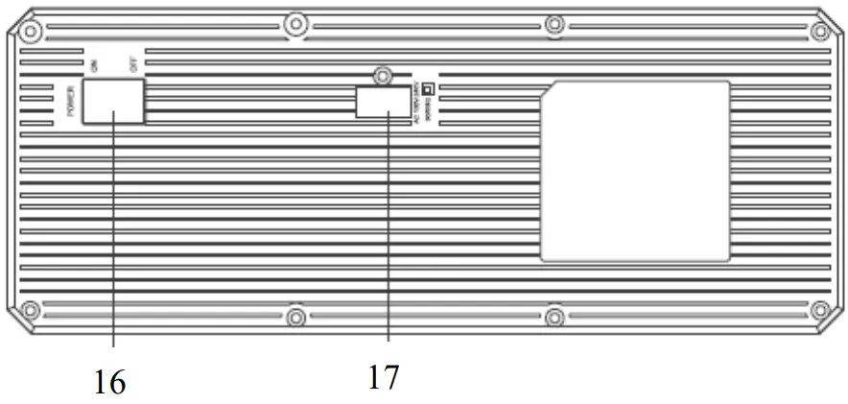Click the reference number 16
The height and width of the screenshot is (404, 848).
110,382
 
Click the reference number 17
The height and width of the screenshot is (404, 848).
383,375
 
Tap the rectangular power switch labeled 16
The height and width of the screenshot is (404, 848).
113,102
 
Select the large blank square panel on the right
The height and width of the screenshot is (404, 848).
634,171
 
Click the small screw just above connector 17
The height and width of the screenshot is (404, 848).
383,73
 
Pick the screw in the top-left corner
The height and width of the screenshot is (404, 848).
31,31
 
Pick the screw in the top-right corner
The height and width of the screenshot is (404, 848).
819,31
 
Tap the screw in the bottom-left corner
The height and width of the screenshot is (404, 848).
31,310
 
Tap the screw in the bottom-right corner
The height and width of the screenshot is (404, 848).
819,310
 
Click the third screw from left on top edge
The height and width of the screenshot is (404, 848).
554,23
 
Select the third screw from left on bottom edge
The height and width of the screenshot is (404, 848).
554,317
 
